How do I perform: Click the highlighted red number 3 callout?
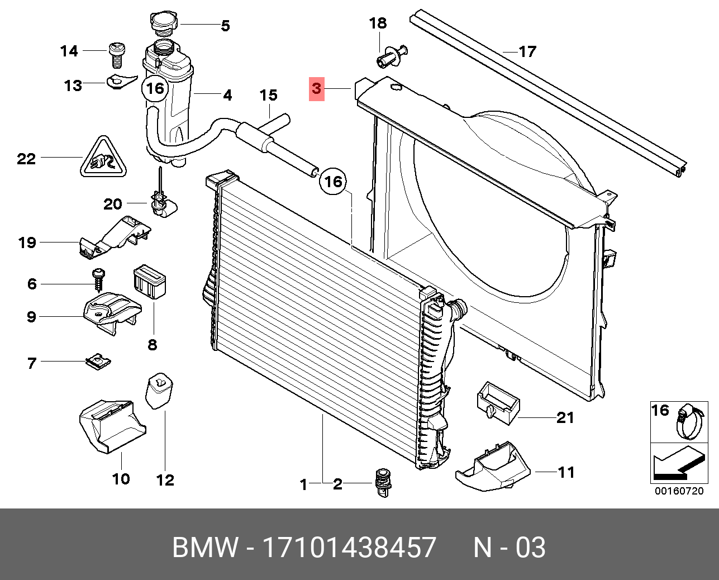[x=317, y=88]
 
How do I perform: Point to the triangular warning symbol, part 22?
[x=102, y=158]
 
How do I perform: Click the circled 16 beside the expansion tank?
[x=155, y=88]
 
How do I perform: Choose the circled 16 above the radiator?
[x=333, y=181]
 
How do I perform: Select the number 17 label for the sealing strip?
[x=527, y=51]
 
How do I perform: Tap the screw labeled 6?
[x=99, y=278]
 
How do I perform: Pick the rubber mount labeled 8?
[x=151, y=282]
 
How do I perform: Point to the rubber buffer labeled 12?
[x=160, y=389]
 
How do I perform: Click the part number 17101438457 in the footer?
[x=349, y=548]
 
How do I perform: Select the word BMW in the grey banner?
[x=205, y=548]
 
